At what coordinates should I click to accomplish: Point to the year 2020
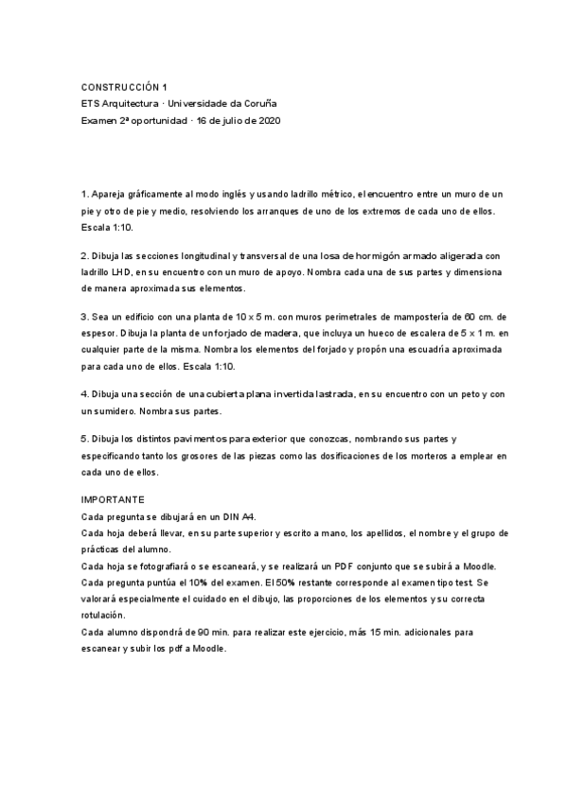click(268, 121)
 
